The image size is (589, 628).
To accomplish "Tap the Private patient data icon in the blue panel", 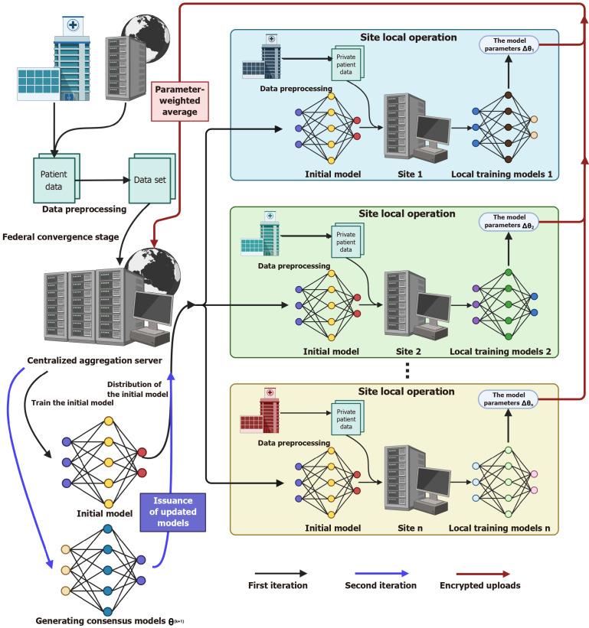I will pos(348,64).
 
